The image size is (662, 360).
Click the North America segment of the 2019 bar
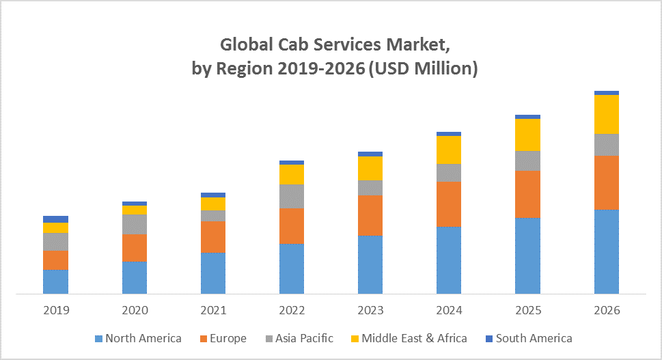click(x=55, y=282)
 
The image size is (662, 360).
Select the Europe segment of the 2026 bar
click(x=606, y=182)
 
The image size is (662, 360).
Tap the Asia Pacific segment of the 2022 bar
click(x=292, y=196)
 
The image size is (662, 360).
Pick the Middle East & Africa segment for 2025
click(x=527, y=135)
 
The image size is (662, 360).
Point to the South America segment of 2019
click(x=55, y=219)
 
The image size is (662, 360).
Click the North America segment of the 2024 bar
click(x=449, y=260)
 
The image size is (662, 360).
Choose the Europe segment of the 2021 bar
click(x=213, y=237)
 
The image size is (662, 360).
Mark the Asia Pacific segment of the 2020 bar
click(x=135, y=224)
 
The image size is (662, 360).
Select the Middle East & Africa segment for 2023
click(x=370, y=168)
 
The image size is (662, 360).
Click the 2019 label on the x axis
click(x=56, y=310)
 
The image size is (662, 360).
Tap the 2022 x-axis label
click(x=292, y=310)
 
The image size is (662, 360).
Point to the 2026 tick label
click(x=607, y=310)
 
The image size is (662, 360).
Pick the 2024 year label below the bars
click(x=449, y=310)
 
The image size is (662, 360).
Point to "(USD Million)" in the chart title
click(x=423, y=69)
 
